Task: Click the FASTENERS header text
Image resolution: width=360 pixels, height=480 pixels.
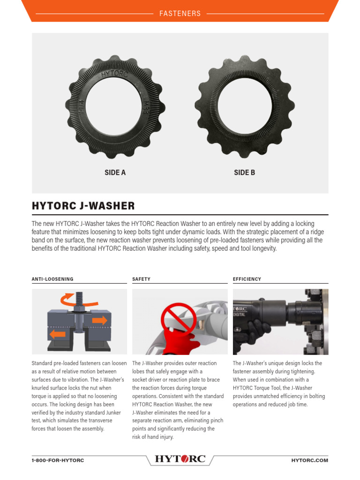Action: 180,14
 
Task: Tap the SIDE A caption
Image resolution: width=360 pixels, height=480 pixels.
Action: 115,172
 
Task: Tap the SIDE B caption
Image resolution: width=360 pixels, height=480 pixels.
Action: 244,172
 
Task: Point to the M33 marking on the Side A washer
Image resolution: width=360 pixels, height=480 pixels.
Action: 146,104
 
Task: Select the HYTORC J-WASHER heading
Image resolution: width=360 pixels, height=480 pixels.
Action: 83,206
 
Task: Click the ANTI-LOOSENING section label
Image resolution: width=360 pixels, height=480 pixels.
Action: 52,279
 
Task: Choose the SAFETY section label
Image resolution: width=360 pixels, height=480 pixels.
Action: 141,279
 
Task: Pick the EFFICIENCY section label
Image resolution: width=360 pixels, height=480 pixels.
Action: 247,279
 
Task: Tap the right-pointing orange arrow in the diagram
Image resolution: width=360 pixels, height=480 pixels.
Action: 99,321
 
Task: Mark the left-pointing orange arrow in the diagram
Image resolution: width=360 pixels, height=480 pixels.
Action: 58,334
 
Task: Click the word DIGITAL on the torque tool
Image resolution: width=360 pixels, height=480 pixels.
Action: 240,315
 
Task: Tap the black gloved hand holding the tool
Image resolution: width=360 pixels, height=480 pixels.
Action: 255,330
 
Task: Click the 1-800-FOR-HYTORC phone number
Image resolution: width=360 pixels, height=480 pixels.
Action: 58,460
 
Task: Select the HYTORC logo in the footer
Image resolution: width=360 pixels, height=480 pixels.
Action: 180,459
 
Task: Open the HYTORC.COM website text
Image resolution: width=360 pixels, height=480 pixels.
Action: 309,460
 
